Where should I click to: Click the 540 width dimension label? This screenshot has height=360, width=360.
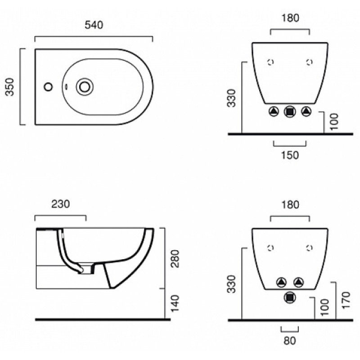(x=94, y=25)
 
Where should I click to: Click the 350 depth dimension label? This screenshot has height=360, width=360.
(x=10, y=87)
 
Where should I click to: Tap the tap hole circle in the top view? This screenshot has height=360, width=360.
(x=48, y=87)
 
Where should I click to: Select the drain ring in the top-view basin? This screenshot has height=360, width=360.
(x=85, y=87)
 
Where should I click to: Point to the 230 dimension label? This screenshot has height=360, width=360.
(x=61, y=204)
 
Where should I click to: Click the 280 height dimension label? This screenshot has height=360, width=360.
(x=175, y=258)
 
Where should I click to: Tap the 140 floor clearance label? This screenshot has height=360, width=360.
(x=175, y=303)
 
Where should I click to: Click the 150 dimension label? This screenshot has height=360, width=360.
(x=290, y=155)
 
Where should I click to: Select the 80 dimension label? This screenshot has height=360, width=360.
(x=290, y=341)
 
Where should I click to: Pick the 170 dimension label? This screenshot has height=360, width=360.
(x=346, y=301)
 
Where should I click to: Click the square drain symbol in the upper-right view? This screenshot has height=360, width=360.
(x=290, y=112)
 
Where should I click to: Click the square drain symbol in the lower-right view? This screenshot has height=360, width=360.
(x=290, y=298)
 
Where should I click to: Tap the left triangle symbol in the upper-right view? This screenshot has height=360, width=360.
(x=274, y=112)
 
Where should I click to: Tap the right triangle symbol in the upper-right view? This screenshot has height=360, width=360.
(x=306, y=112)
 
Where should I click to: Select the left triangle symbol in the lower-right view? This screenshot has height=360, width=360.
(x=282, y=282)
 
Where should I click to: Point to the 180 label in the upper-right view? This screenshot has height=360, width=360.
(x=290, y=18)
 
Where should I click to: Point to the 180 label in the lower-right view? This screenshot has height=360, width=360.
(x=290, y=205)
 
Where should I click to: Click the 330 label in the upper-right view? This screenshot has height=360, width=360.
(x=231, y=98)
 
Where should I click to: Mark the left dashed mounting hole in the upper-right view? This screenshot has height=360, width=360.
(x=271, y=62)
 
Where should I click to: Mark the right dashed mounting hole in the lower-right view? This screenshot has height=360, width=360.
(x=310, y=248)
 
